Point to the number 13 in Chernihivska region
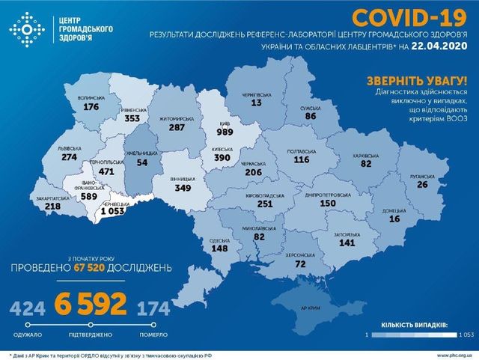(x=257, y=103)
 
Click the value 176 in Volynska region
(x=91, y=107)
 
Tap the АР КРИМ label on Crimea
(x=311, y=308)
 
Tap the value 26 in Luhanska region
(x=423, y=185)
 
